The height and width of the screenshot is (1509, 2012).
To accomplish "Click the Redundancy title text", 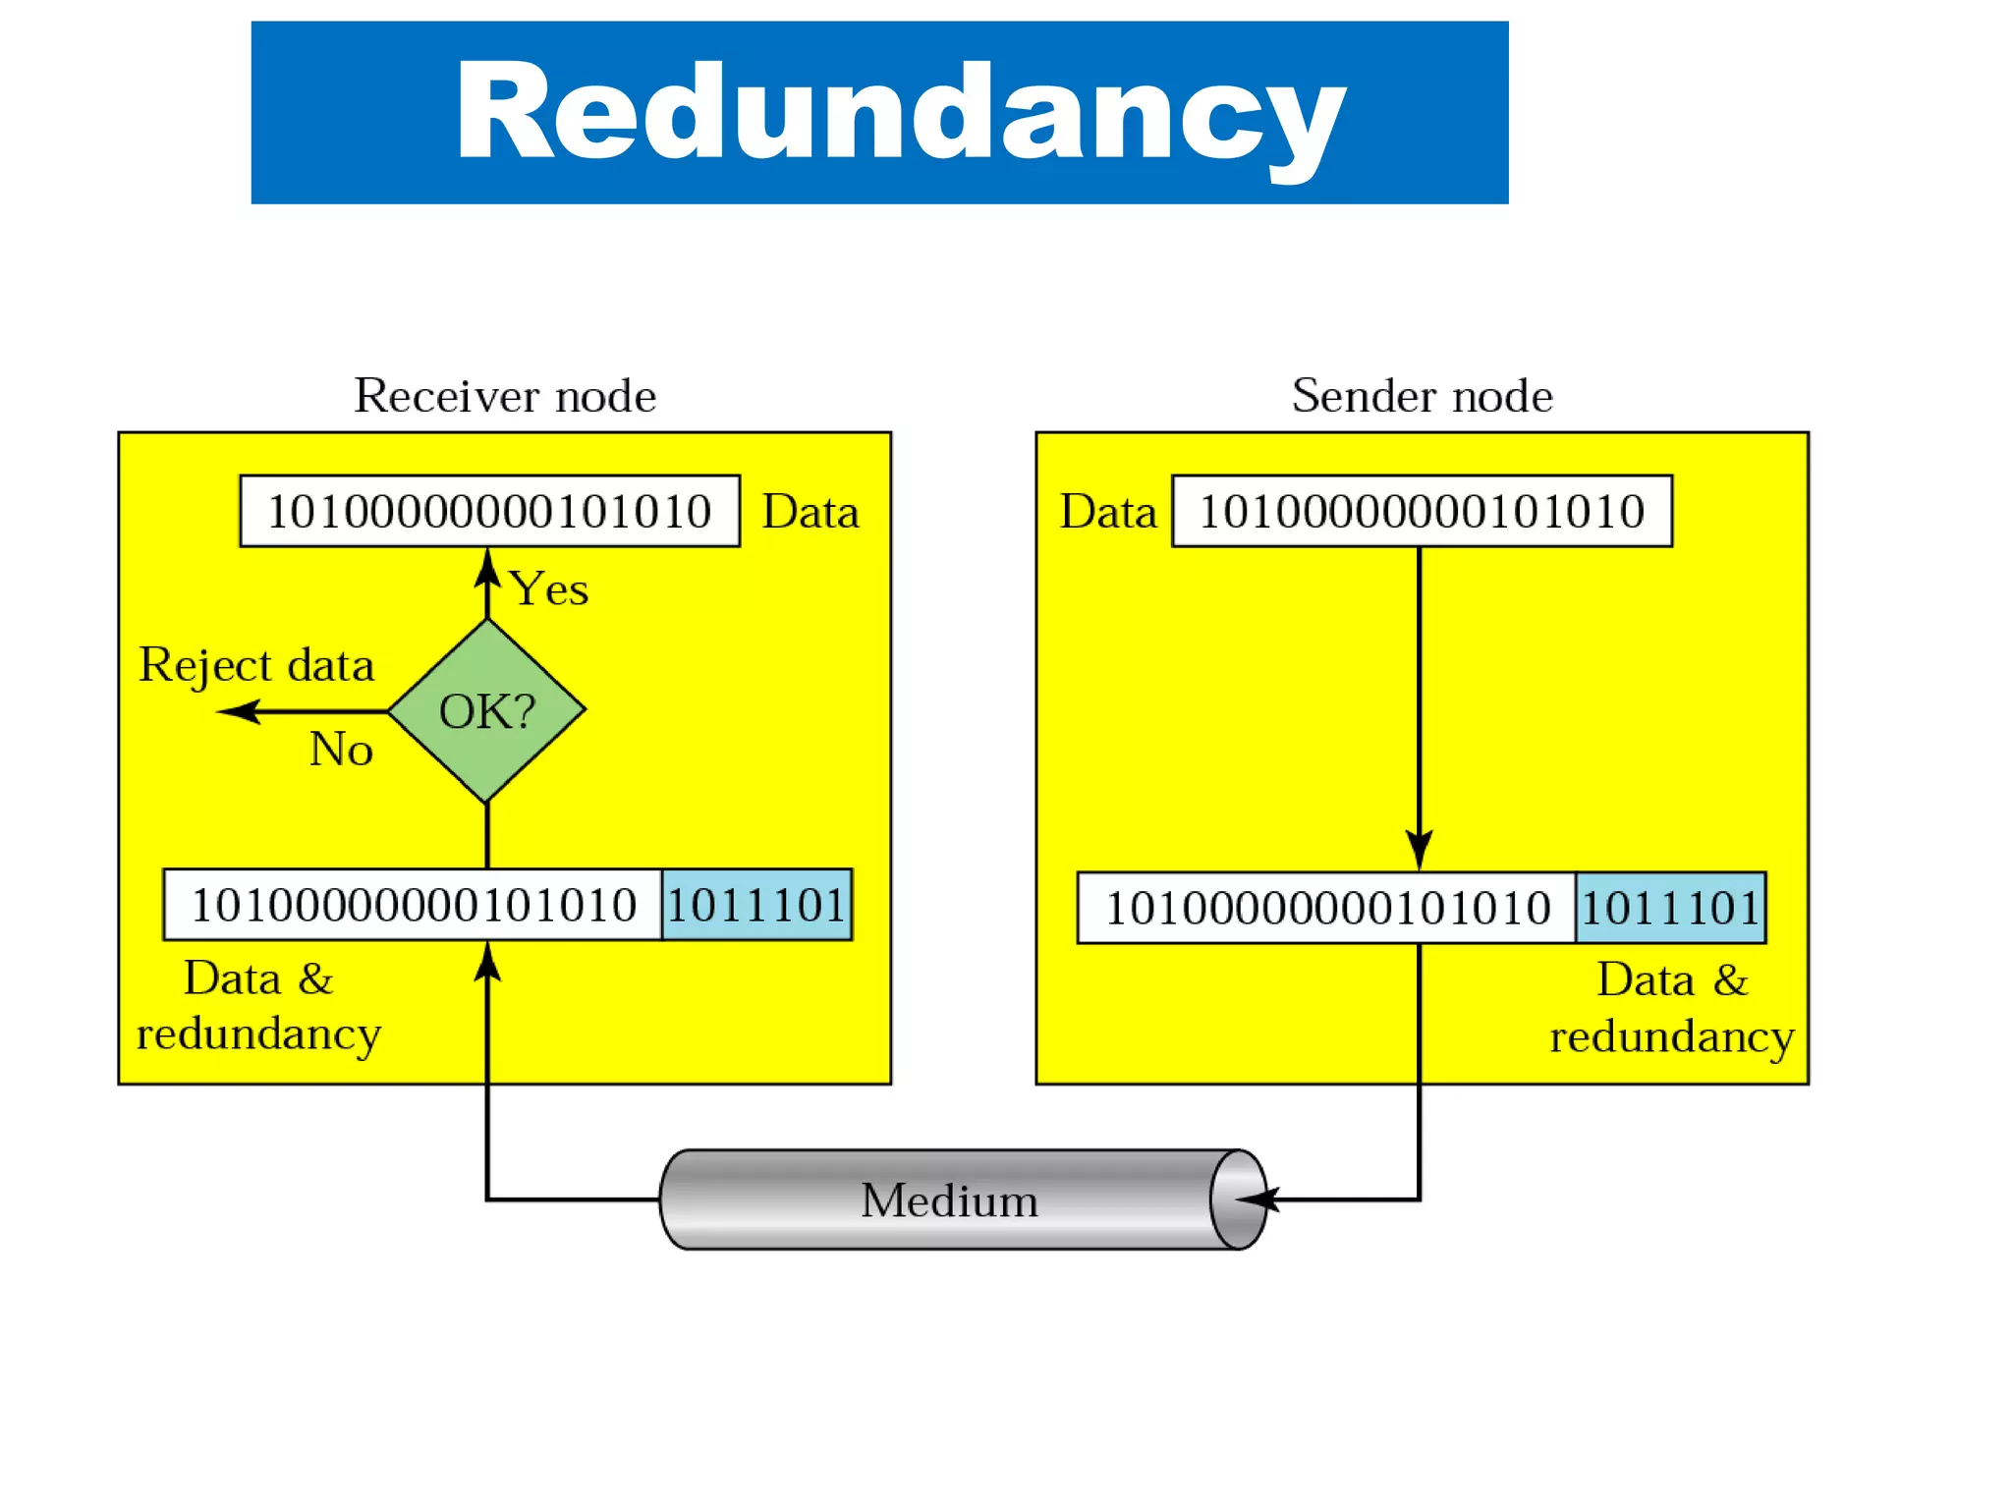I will [x=899, y=113].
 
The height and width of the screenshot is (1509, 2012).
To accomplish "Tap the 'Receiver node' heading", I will [x=505, y=396].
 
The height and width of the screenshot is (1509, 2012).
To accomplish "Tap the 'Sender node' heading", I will [x=1422, y=396].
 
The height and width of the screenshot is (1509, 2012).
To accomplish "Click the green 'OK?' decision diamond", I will [x=487, y=710].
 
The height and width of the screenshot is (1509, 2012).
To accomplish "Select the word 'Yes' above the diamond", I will [x=549, y=589].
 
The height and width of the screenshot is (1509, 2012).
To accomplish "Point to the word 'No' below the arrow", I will [x=341, y=750].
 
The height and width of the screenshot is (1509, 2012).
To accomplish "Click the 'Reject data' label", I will [x=256, y=665].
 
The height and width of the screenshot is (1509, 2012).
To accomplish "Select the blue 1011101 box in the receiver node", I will [x=756, y=905].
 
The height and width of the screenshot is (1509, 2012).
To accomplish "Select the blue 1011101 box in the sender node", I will [x=1670, y=908].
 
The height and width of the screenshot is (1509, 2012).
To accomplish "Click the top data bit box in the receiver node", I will [x=489, y=511].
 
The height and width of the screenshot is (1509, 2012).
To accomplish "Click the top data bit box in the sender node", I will [x=1422, y=511].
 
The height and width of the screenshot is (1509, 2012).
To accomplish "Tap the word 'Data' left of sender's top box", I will [x=1108, y=512].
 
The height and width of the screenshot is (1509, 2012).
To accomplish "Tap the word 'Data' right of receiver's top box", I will [x=810, y=512].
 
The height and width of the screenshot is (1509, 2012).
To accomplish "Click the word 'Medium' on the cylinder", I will [x=949, y=1201].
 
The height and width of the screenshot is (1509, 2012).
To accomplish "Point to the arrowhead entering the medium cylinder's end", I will [x=1257, y=1200].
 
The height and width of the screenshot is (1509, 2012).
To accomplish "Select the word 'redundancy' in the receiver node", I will [x=258, y=1034].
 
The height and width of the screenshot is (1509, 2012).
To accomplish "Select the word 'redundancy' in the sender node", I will [x=1671, y=1037].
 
